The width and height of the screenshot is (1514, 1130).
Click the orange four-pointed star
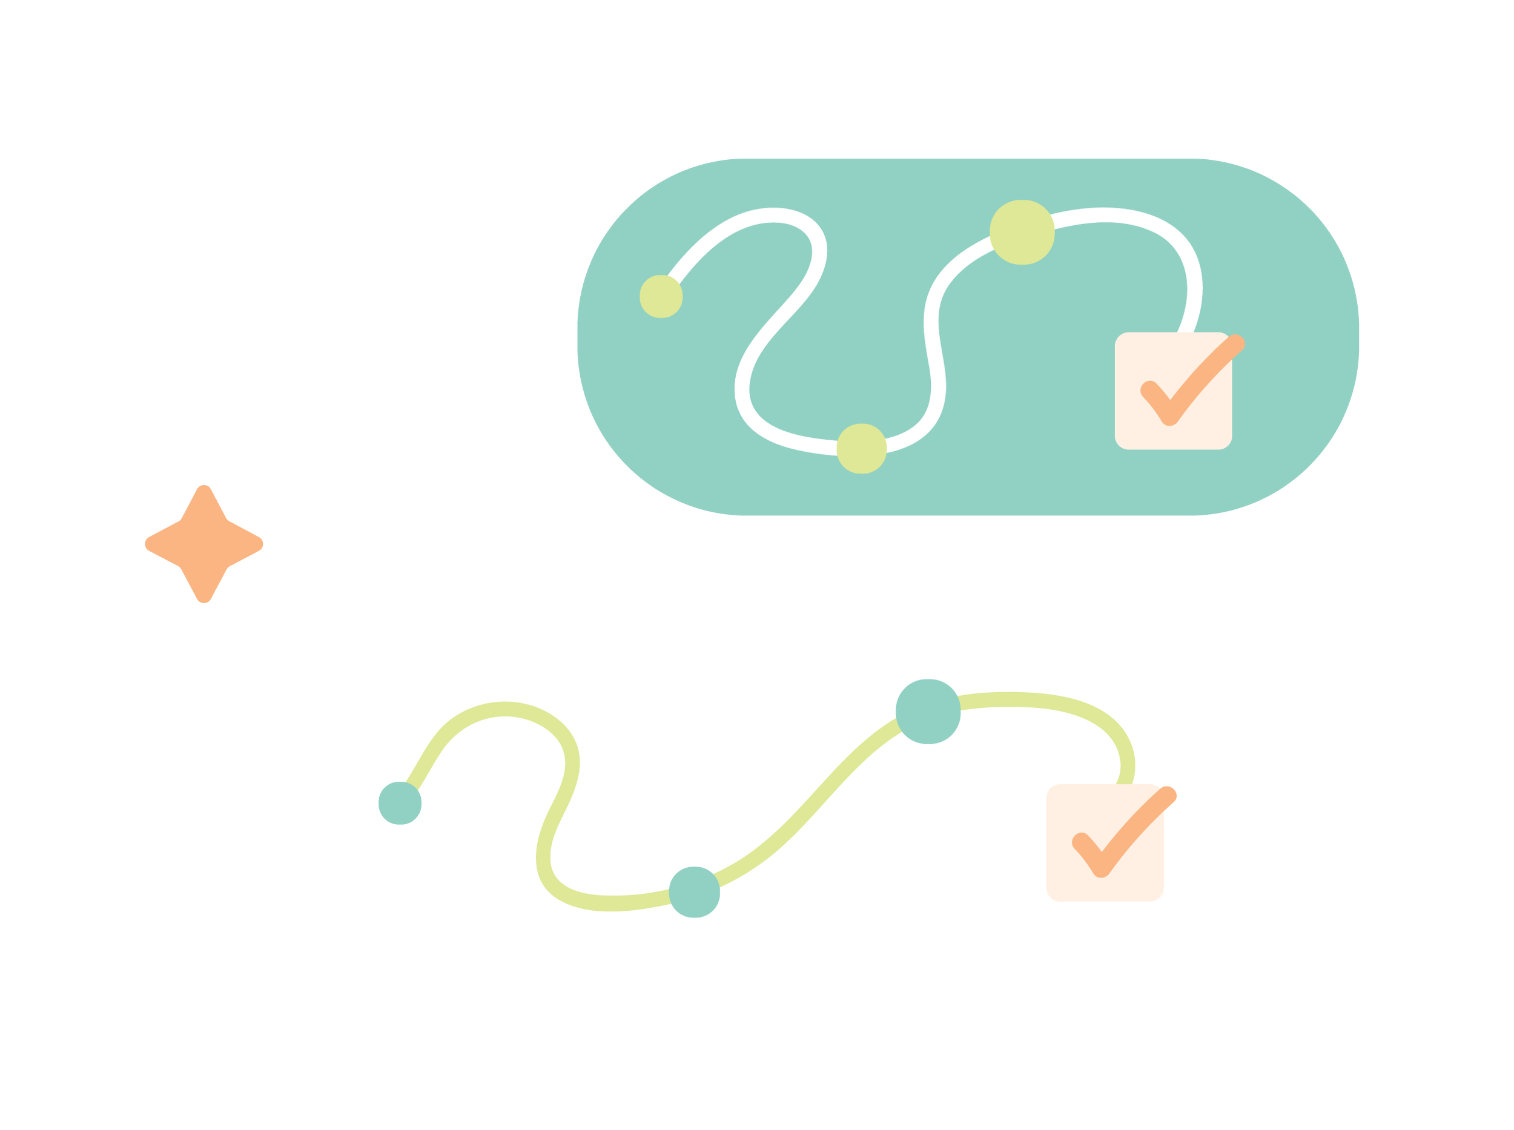[x=203, y=544]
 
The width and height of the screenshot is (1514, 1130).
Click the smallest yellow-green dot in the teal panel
[x=661, y=296]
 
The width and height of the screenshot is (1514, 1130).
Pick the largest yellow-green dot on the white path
[x=1022, y=232]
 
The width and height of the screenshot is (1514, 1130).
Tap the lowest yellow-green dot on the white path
[x=861, y=449]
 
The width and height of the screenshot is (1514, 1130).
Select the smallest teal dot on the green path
[x=400, y=803]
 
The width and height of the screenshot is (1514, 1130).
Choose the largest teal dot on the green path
[x=928, y=712]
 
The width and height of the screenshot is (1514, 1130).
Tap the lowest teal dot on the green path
[x=694, y=892]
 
